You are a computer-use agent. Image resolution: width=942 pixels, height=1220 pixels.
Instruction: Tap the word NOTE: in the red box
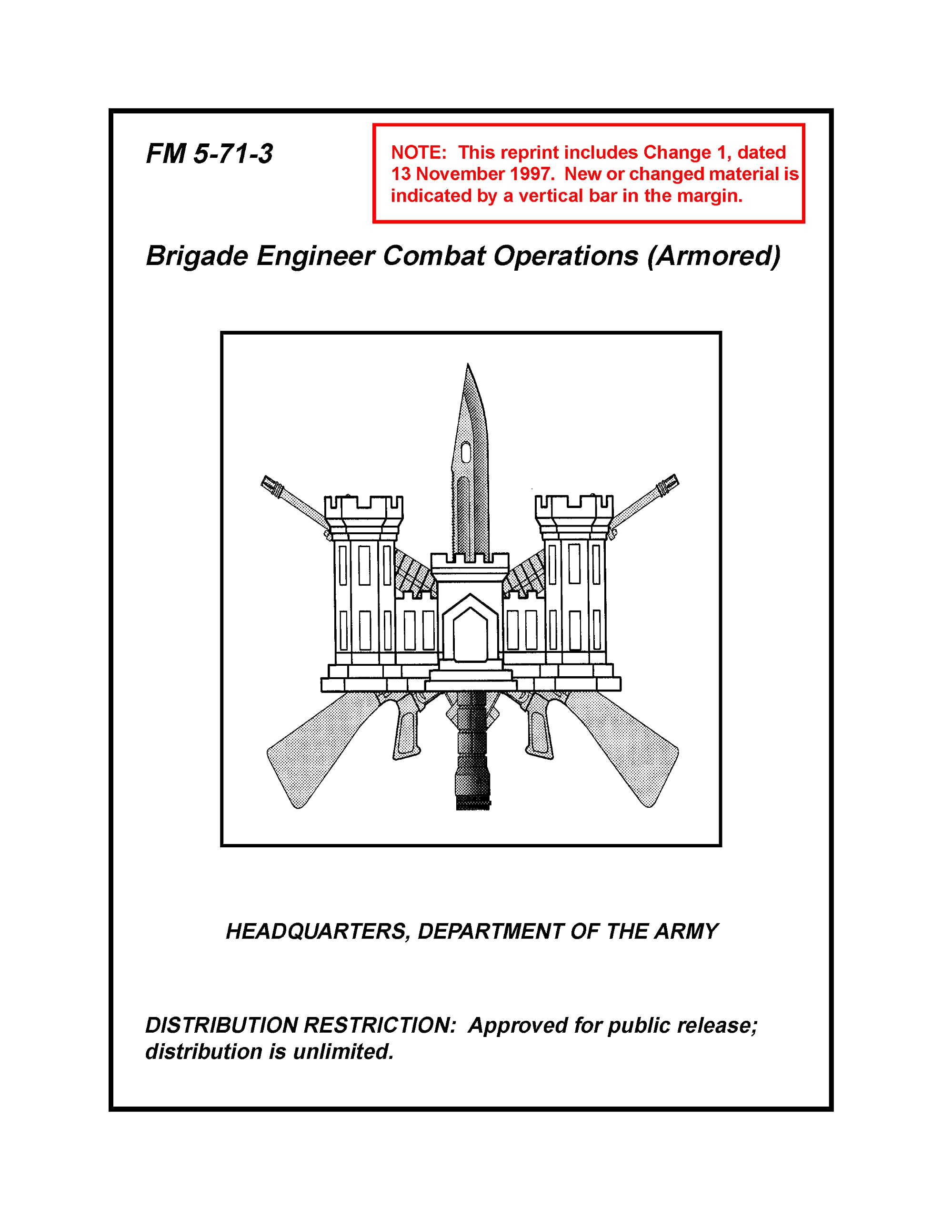[x=418, y=152]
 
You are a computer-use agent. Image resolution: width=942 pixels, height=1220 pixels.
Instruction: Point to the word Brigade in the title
[x=197, y=256]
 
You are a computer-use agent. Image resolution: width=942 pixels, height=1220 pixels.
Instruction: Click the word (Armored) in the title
[x=713, y=256]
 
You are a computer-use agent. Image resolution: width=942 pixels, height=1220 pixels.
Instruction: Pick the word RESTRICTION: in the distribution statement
[x=379, y=1026]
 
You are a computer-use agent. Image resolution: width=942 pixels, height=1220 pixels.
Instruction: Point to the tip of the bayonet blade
[x=468, y=366]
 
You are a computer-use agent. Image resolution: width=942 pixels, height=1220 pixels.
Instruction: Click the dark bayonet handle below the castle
[x=472, y=749]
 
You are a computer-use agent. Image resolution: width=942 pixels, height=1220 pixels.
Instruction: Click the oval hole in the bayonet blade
[x=466, y=452]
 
